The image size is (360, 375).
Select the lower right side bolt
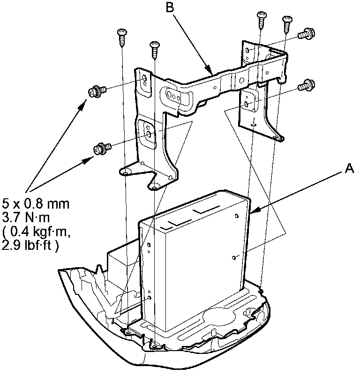point(306,86)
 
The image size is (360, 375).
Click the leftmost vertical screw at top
point(121,37)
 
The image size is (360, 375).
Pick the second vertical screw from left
point(154,49)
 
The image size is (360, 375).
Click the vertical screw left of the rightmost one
point(262,20)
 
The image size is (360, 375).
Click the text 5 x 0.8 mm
point(36,204)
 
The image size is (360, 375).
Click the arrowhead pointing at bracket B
point(212,71)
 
